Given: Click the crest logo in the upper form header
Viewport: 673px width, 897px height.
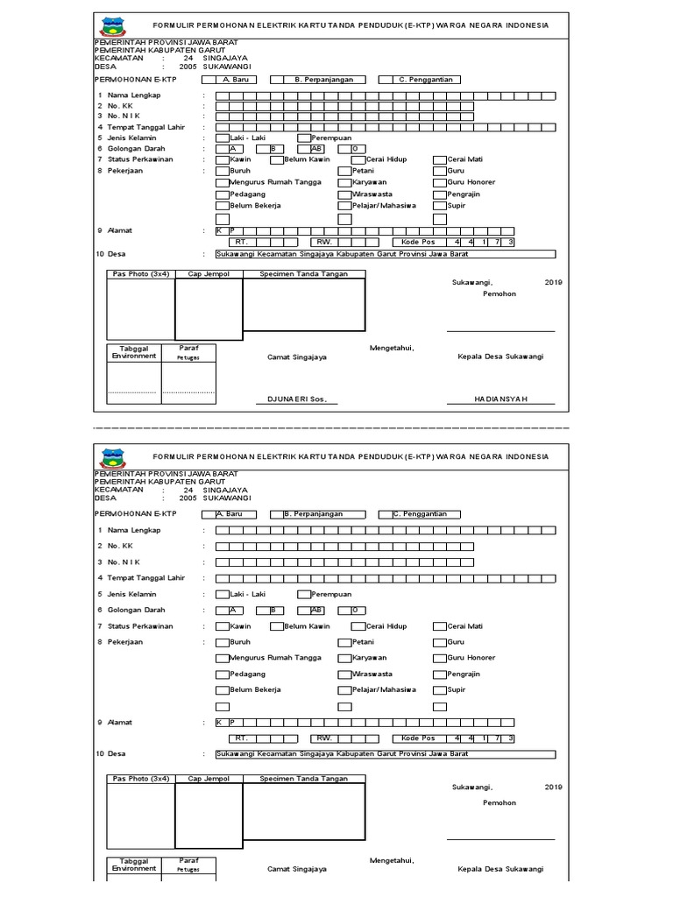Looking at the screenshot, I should pos(113,25).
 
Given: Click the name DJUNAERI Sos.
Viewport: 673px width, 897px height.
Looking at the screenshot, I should pos(296,399).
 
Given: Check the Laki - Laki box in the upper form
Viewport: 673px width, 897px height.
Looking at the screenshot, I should pos(223,138).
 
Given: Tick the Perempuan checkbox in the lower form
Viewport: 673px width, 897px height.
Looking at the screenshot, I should pos(304,594).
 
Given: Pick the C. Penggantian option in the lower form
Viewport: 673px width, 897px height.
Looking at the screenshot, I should pos(385,514).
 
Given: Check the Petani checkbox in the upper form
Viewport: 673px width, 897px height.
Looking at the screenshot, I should pos(344,171).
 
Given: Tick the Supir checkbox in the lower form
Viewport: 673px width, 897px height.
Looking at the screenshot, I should pos(439,689).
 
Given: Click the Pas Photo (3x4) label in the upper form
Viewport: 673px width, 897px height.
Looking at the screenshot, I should pos(140,274).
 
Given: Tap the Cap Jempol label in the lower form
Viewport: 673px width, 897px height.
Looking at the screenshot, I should pos(208,778).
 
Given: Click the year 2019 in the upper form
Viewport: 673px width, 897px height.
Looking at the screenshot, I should pos(554,283).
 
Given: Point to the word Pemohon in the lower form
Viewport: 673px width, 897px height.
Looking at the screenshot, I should pos(499,802).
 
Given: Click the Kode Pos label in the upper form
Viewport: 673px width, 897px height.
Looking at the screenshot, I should pos(418,241).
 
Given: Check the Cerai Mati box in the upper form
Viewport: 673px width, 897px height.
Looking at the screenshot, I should pos(439,160).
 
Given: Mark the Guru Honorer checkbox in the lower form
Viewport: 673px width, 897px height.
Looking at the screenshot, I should pos(439,658).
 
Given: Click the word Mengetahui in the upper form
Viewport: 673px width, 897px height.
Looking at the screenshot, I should pos(391,348).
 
